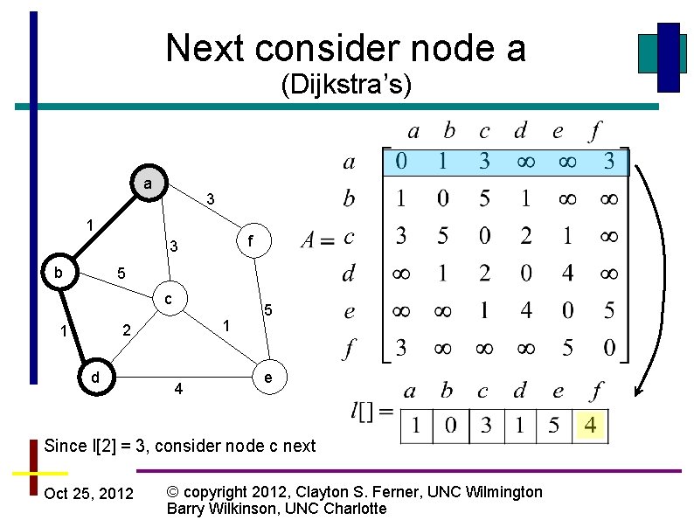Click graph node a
tap(148, 184)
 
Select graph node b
tap(59, 272)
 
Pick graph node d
tap(94, 378)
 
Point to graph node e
tap(267, 378)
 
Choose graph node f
tap(250, 239)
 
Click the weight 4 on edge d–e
tap(178, 388)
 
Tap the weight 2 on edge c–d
tap(126, 330)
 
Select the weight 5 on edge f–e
tap(269, 310)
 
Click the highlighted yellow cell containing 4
tap(592, 427)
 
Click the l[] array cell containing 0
tap(452, 427)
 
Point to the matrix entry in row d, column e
tap(567, 274)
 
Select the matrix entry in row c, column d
tap(525, 236)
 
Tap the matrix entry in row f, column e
tap(567, 349)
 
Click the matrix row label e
tap(350, 311)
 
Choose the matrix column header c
tap(484, 131)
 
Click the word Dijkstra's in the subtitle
tap(346, 85)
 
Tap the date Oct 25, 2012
tap(88, 494)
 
